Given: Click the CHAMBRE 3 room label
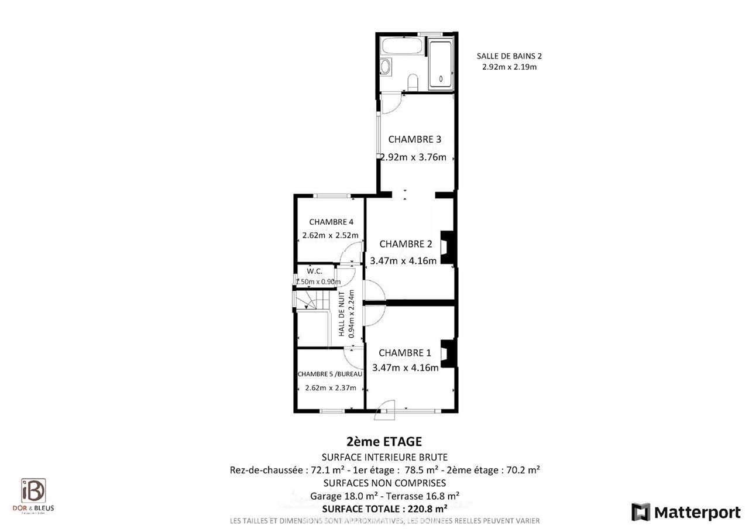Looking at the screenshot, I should click(x=414, y=139).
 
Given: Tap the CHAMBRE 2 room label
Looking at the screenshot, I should click(x=406, y=243).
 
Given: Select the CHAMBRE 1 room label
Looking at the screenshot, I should click(x=404, y=353).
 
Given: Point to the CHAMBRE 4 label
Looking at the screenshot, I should click(x=331, y=222).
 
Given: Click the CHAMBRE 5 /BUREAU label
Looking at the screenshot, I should click(x=329, y=374).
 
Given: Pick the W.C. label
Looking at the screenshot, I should click(x=315, y=271).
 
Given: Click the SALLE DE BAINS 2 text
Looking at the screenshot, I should click(x=509, y=56).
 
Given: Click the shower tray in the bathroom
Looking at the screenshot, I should click(x=440, y=65).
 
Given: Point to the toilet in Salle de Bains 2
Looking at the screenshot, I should click(x=413, y=81).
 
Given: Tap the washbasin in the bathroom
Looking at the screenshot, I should click(x=386, y=67).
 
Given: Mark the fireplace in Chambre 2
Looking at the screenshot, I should click(x=448, y=248).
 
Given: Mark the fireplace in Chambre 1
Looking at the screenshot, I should click(x=448, y=353).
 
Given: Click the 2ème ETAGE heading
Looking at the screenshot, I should click(x=384, y=442).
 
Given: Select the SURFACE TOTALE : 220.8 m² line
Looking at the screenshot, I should click(x=384, y=508).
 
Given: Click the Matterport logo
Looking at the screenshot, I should click(x=686, y=512).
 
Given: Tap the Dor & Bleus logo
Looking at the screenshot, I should click(x=33, y=495).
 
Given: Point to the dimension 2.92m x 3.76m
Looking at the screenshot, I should click(x=413, y=157).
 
